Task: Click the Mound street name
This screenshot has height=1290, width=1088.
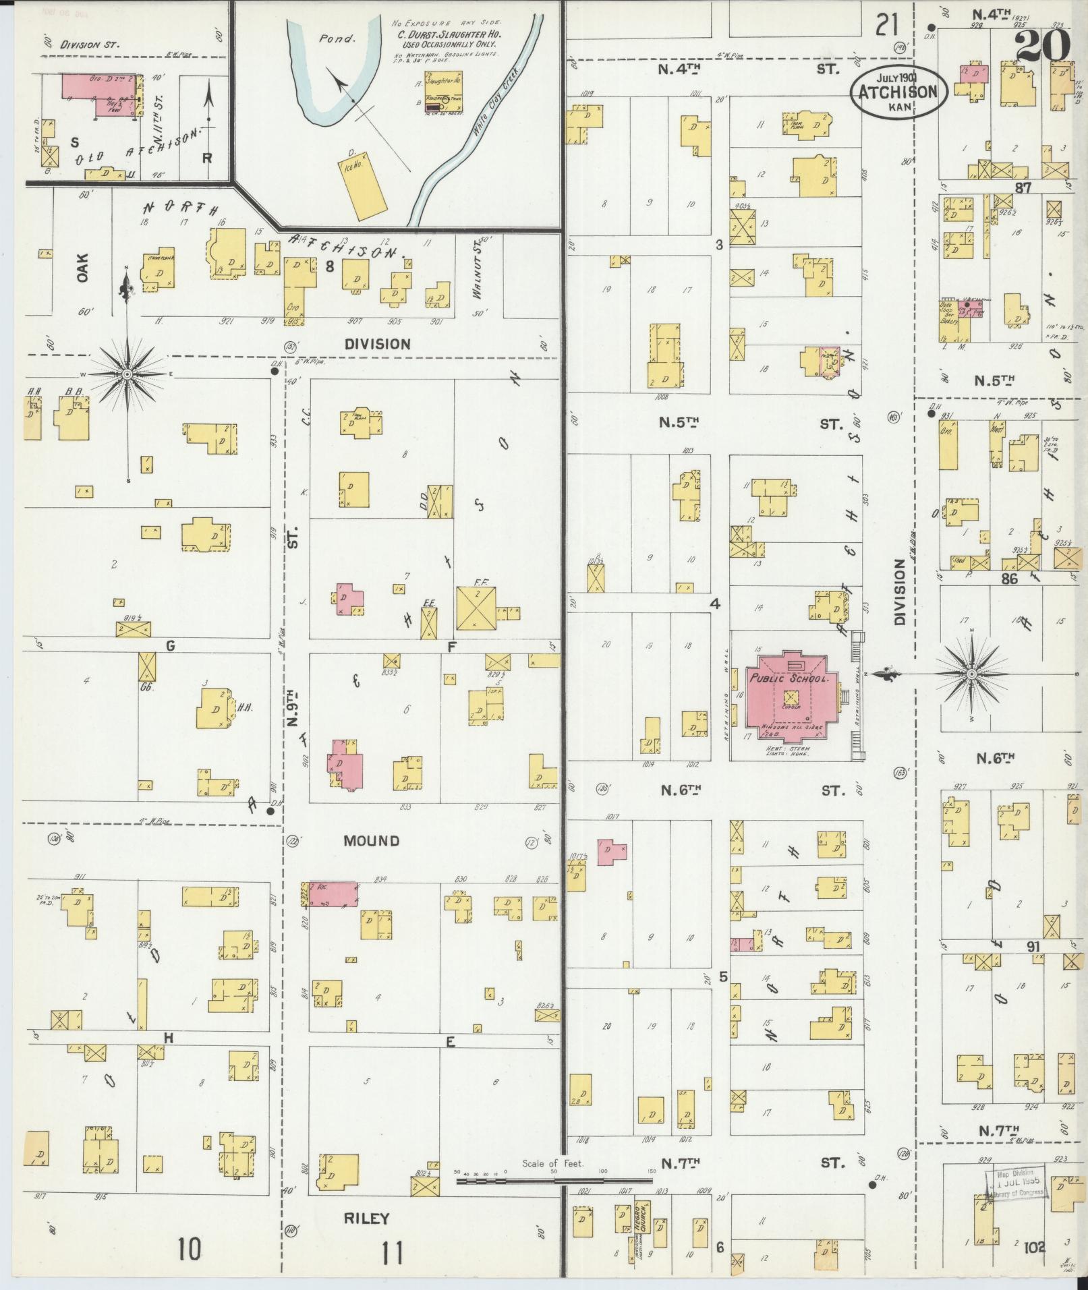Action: click(371, 841)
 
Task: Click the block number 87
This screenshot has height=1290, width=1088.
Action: click(1023, 188)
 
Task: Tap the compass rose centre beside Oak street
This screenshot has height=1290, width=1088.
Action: click(127, 374)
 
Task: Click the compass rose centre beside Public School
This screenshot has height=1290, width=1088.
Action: click(971, 674)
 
